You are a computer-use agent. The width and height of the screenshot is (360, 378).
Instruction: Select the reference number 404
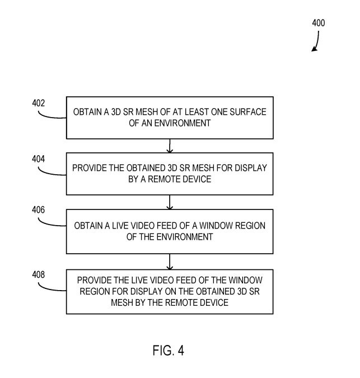(38, 158)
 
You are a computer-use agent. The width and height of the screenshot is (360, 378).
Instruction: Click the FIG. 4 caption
(168, 351)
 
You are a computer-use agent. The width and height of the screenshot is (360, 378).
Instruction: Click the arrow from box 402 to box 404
(170, 146)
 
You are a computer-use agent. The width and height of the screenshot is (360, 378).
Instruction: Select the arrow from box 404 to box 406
(170, 201)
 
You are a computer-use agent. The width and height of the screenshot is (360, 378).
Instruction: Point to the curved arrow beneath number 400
(316, 42)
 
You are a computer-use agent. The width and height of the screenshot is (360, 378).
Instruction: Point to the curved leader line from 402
(53, 115)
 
